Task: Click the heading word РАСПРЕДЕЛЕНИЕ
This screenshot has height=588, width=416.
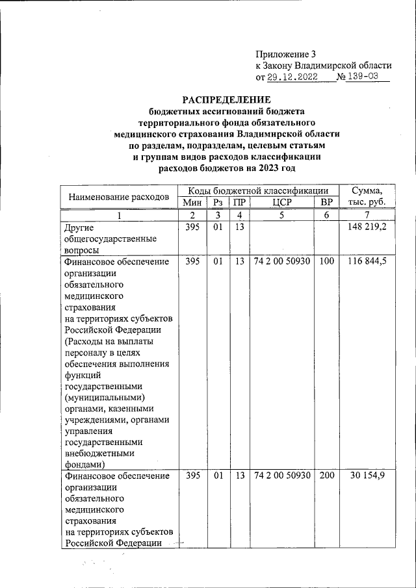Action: [x=226, y=100]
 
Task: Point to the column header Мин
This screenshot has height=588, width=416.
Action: [x=192, y=203]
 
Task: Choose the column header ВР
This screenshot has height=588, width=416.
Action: [x=326, y=203]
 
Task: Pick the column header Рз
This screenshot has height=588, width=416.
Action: [x=218, y=203]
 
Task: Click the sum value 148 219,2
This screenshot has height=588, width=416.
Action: [x=368, y=227]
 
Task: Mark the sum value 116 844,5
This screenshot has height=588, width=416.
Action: [x=368, y=262]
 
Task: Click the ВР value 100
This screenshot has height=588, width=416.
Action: [x=326, y=262]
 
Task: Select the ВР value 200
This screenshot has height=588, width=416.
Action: [x=326, y=476]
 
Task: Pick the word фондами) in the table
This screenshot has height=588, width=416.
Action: [x=86, y=465]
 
